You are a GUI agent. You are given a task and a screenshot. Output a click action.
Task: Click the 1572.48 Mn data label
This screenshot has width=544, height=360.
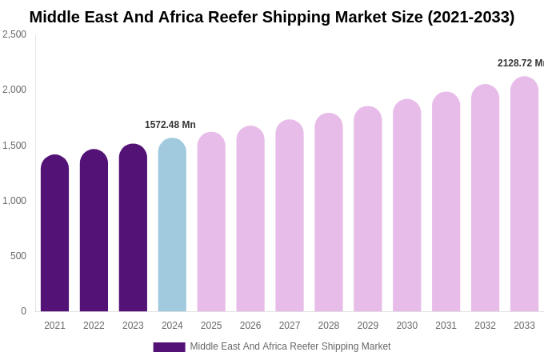click(x=170, y=125)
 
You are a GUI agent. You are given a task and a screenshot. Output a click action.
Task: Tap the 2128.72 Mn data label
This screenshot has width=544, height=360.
click(x=520, y=63)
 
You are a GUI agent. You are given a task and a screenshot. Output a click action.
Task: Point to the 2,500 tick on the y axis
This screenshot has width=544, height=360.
click(x=14, y=34)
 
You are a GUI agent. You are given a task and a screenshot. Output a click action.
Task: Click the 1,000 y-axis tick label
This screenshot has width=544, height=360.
click(x=14, y=201)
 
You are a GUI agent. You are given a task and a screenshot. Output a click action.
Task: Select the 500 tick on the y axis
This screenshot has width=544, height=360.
click(x=18, y=256)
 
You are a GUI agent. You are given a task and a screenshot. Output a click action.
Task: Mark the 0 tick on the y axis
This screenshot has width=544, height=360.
click(x=23, y=311)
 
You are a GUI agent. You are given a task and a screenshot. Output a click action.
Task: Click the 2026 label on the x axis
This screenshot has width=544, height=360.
click(x=250, y=326)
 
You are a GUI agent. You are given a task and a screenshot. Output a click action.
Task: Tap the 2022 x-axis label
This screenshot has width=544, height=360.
click(x=94, y=326)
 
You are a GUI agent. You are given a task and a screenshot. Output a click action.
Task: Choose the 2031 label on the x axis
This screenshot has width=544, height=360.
click(x=446, y=326)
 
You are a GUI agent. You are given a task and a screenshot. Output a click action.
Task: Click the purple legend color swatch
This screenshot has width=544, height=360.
click(x=169, y=347)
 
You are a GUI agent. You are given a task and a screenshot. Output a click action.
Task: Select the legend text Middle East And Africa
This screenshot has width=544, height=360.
click(x=240, y=346)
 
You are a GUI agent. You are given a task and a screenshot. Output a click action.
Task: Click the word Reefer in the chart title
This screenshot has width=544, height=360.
click(x=246, y=17)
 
